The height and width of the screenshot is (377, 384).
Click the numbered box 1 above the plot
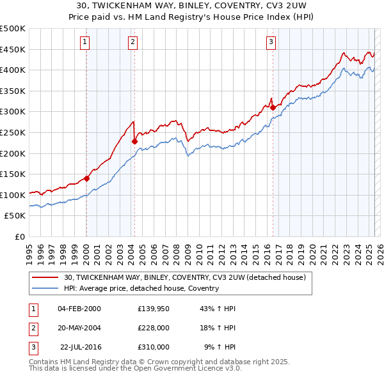(85, 43)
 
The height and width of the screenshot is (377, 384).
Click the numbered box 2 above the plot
(132, 43)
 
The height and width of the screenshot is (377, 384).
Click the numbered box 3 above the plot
(271, 43)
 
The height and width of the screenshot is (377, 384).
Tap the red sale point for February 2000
(86, 178)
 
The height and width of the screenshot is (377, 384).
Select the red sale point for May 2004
(135, 142)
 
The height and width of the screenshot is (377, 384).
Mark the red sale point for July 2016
(273, 107)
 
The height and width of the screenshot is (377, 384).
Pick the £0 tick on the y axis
(19, 236)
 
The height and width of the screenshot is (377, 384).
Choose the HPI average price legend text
(141, 288)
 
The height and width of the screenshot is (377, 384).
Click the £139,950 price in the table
(153, 309)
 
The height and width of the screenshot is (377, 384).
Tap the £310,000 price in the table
(153, 347)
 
